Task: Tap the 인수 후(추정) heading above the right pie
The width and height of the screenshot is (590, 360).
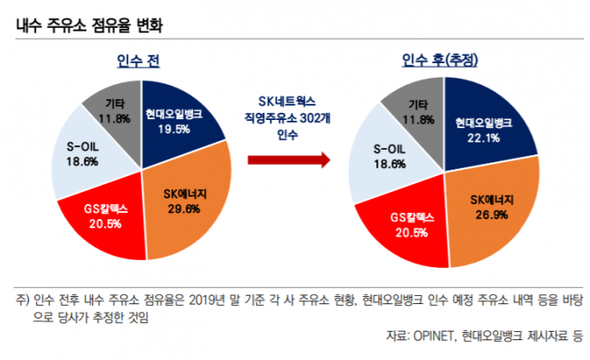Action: pos(439,60)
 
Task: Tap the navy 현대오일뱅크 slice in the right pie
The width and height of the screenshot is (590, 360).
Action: pos(478,122)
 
